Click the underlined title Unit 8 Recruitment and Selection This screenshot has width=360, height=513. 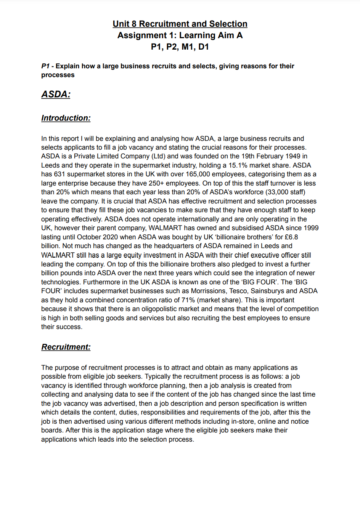(180, 24)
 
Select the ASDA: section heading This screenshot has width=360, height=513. (56, 94)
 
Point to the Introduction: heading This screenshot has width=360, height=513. (66, 118)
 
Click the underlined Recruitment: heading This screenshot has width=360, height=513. (66, 347)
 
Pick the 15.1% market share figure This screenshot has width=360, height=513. (238, 165)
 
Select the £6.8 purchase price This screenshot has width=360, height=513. (292, 237)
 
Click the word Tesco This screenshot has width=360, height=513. (238, 291)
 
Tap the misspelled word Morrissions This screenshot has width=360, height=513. (208, 291)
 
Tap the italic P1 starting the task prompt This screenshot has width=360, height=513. (45, 66)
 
